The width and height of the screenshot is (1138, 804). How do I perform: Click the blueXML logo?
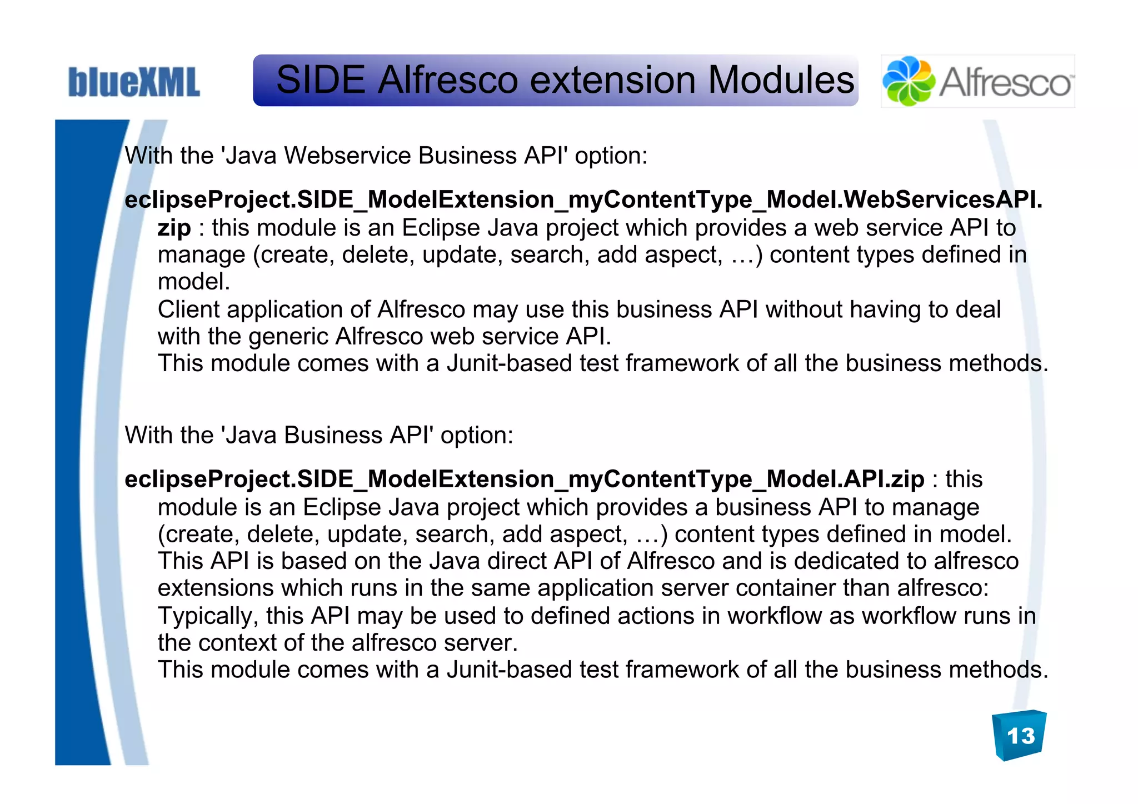tap(134, 82)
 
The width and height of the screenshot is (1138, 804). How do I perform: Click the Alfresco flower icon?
tap(908, 81)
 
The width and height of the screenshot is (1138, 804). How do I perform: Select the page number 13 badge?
tap(1020, 736)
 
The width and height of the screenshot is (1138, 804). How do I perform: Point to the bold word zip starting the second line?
tap(174, 228)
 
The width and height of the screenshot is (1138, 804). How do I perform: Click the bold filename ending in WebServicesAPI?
tap(583, 199)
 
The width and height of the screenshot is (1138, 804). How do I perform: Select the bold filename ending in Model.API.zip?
tap(524, 479)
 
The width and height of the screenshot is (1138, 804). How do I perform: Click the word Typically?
tap(208, 616)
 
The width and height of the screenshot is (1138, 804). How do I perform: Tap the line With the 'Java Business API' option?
tap(319, 435)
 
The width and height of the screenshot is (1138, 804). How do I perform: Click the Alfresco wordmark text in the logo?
tap(1005, 82)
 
